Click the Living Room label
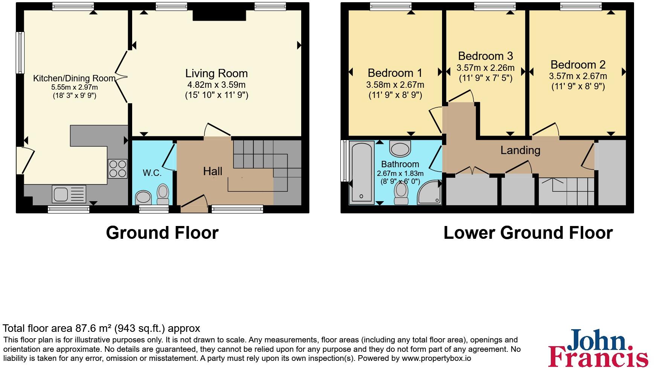click(x=216, y=73)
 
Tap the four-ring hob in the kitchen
click(x=117, y=169)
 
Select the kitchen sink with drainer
click(x=70, y=195)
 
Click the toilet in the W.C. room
click(x=163, y=194)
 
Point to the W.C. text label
click(x=152, y=173)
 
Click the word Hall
click(x=213, y=171)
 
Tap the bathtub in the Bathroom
click(x=362, y=173)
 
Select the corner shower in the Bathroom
click(x=430, y=192)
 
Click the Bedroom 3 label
click(x=486, y=56)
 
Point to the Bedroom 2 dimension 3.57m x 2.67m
click(x=578, y=76)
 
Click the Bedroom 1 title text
click(x=395, y=73)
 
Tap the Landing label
click(x=520, y=150)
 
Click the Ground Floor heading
click(x=162, y=233)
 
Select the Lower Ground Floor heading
click(x=528, y=233)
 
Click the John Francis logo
click(x=598, y=348)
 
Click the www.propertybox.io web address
click(x=436, y=358)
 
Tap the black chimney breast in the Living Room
click(x=220, y=15)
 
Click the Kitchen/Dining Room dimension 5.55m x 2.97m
click(x=75, y=87)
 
